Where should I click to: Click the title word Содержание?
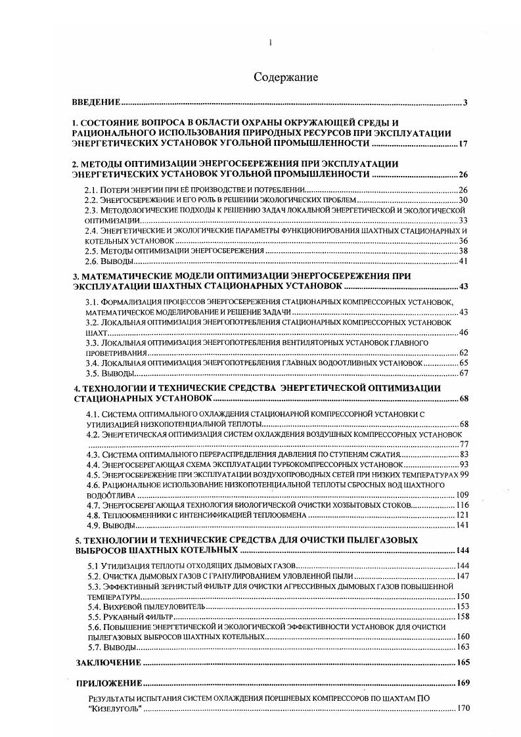pos(286,78)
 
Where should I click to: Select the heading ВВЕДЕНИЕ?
pos(96,102)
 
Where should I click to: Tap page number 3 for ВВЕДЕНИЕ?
pos(464,102)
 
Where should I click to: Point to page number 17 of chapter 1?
pos(463,143)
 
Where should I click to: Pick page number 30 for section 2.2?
pos(463,199)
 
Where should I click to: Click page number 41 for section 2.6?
pos(463,261)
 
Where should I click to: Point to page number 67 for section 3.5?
pos(463,373)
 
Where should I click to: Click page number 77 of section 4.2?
pos(463,445)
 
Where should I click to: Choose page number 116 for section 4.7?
pos(461,505)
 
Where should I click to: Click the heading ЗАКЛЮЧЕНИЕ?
pos(109,662)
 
